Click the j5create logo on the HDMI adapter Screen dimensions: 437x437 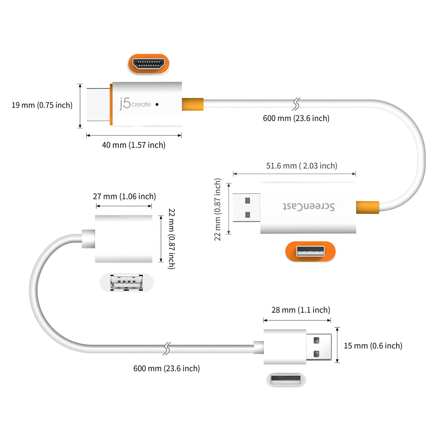tap(135, 104)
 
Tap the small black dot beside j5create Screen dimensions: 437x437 tap(157, 104)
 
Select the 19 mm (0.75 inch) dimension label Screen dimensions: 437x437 tap(42, 105)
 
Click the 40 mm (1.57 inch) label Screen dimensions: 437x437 tap(134, 145)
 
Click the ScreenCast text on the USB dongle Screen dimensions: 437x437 tap(308, 207)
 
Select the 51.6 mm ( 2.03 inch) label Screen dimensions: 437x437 tap(301, 165)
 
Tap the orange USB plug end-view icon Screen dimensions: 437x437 tap(310, 251)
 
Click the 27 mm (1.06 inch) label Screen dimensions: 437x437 tap(124, 197)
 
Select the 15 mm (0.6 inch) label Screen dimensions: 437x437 tap(373, 346)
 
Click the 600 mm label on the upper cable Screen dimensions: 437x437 tap(296, 118)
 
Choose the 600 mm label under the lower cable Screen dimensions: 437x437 tap(166, 368)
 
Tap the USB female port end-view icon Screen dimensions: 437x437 tap(127, 282)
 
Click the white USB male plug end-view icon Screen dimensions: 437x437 tap(286, 380)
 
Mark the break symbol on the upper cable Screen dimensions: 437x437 tap(297, 104)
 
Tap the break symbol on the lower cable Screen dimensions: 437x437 tap(166, 348)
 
